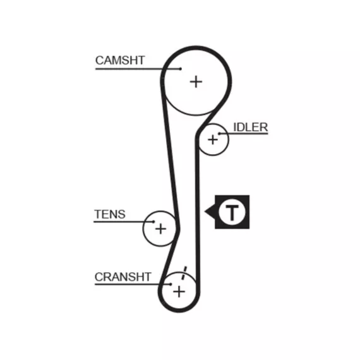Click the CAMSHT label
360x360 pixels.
120,61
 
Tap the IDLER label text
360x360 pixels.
251,128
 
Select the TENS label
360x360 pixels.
110,215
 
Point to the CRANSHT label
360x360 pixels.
123,277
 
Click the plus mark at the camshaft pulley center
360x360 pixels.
196,82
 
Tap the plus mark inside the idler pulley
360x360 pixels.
213,140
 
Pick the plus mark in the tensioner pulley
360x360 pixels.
160,229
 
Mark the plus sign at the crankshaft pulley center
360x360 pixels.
179,292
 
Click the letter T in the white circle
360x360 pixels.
232,212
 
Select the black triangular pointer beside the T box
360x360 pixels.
210,212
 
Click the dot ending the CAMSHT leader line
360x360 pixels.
181,69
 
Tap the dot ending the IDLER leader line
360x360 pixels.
219,133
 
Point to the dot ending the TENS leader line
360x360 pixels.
153,222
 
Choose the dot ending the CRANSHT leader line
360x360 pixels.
171,284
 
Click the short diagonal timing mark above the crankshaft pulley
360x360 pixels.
184,273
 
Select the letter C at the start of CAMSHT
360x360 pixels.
100,61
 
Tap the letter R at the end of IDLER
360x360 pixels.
264,128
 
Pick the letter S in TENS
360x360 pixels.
121,215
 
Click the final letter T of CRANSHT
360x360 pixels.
147,277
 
